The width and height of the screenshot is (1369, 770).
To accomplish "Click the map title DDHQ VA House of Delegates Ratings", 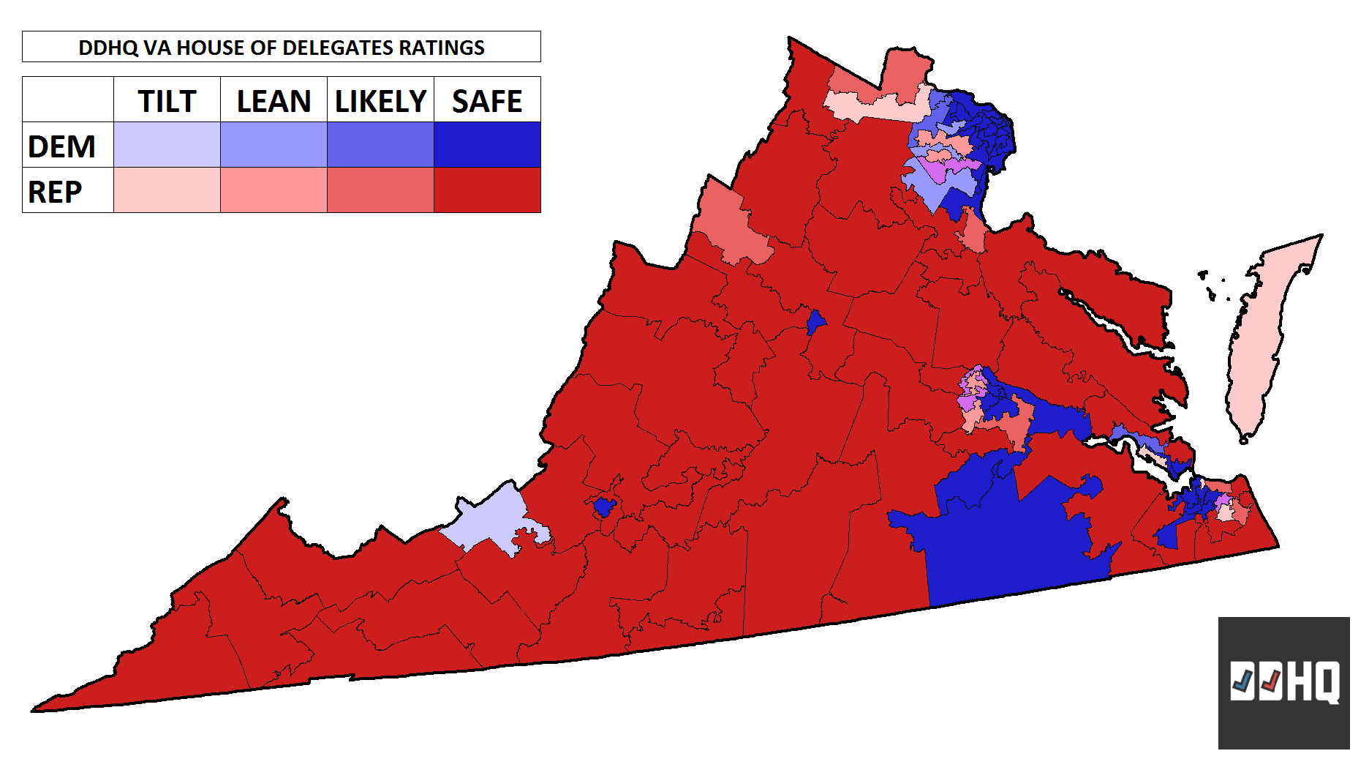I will click(282, 47).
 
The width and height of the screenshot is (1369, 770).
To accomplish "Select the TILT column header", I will click(167, 100).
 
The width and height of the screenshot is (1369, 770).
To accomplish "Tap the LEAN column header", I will click(274, 100).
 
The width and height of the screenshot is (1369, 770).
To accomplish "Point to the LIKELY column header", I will click(380, 100).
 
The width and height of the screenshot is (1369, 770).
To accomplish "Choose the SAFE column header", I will click(487, 100).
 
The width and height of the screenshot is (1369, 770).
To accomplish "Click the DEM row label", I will click(62, 146).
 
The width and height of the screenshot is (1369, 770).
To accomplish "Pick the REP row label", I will click(56, 191).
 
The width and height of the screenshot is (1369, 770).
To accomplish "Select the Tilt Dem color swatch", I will click(167, 145).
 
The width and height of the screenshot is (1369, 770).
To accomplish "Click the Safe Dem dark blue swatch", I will click(487, 145).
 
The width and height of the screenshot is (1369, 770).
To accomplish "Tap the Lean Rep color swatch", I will click(274, 190).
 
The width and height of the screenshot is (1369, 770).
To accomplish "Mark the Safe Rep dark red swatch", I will click(487, 190).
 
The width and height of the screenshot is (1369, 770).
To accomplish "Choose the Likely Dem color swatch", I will click(380, 145).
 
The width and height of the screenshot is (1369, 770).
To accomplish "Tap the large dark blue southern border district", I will click(1009, 542).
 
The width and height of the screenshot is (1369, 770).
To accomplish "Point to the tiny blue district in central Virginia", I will click(815, 322).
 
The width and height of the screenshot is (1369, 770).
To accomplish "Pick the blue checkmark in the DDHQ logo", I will click(1242, 682).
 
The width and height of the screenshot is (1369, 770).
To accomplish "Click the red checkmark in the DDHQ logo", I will click(1271, 682).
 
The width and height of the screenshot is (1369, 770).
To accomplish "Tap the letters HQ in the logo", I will click(1313, 682).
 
